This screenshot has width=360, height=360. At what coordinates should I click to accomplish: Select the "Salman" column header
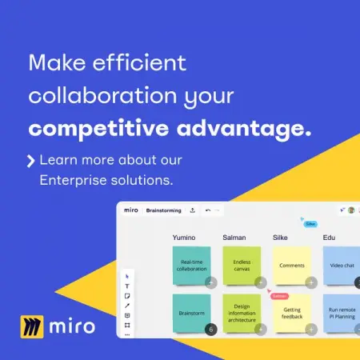234,238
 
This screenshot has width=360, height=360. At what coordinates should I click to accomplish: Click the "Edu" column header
329,238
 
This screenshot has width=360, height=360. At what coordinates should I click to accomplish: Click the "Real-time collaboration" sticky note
192,265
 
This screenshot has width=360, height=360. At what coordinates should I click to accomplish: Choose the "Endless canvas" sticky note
242,266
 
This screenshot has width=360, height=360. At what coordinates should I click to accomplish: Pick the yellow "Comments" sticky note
291,265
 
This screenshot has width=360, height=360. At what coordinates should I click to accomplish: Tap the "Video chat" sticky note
342,265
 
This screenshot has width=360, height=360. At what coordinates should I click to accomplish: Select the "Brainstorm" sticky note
192,314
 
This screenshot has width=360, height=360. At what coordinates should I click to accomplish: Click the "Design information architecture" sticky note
242,313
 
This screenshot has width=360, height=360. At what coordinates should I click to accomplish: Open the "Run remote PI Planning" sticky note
342,314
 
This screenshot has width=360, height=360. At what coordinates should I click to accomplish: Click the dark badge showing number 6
211,329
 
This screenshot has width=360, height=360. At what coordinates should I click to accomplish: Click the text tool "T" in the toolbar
127,286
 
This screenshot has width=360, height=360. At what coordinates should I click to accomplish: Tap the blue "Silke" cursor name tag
311,225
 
